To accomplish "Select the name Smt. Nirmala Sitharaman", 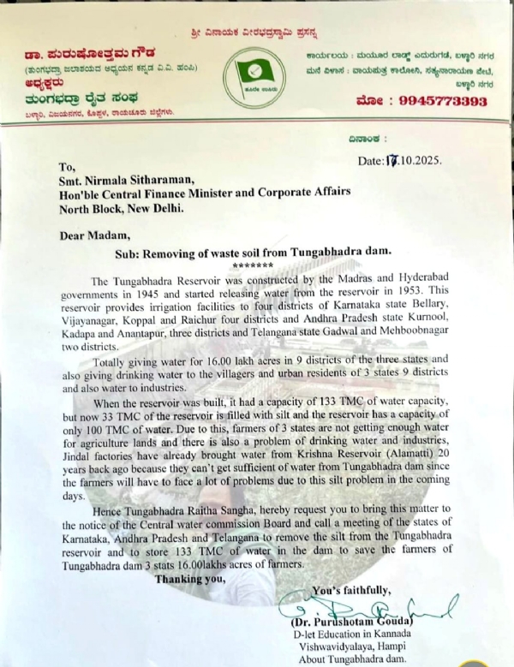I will click(131, 180).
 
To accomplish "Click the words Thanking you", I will click(190, 578).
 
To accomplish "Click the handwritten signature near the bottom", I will click(403, 610).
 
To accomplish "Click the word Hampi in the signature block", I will click(401, 645).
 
